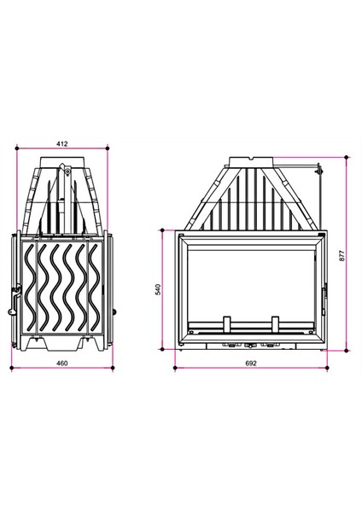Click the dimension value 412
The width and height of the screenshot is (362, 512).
tap(62, 143)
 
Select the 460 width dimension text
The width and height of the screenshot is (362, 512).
tap(62, 364)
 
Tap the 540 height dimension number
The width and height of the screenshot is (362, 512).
tap(158, 289)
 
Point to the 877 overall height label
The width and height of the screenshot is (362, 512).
tap(342, 255)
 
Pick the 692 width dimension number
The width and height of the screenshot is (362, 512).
tap(251, 364)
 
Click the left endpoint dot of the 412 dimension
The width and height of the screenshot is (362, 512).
tap(17, 148)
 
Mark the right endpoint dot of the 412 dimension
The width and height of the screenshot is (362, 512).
tap(108, 148)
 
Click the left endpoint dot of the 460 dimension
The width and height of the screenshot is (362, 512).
tap(12, 368)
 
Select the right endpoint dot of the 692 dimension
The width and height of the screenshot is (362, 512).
tap(327, 368)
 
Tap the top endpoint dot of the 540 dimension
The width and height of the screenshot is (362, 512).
tap(162, 230)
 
